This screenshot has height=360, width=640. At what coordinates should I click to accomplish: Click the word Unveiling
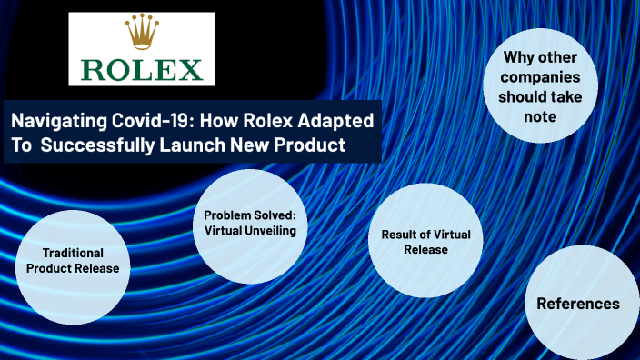[x=273, y=229]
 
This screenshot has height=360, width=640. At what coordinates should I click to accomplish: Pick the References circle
[x=578, y=304]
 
